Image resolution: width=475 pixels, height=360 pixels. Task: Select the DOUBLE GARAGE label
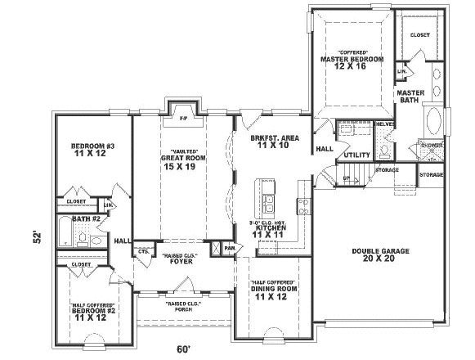click(x=380, y=251)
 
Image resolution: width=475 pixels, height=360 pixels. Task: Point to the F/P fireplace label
click(x=183, y=119)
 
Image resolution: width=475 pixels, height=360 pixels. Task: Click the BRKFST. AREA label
click(x=275, y=138)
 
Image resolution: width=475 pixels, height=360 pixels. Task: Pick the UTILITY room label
click(x=356, y=154)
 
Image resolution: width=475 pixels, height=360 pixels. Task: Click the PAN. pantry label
click(x=230, y=247)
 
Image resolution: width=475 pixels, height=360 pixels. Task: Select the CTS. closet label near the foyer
click(x=143, y=253)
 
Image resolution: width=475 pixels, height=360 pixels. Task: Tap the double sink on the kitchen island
click(x=270, y=200)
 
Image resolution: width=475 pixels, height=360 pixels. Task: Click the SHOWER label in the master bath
click(x=431, y=145)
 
